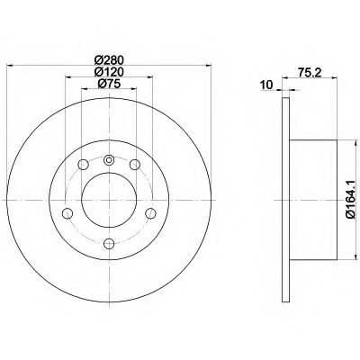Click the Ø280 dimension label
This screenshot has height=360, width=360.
coord(109,60)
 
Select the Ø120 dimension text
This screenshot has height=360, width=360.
coord(109,72)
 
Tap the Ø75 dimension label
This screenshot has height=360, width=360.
coord(109,84)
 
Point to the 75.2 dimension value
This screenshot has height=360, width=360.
coord(310,72)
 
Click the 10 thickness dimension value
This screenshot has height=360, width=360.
coord(266,85)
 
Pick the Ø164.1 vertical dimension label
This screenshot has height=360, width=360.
coord(350,199)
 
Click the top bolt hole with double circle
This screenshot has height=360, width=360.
coord(109,160)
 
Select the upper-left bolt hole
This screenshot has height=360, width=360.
coord(83,164)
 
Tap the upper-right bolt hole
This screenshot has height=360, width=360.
coord(135,164)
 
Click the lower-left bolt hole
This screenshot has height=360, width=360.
coord(67,213)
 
